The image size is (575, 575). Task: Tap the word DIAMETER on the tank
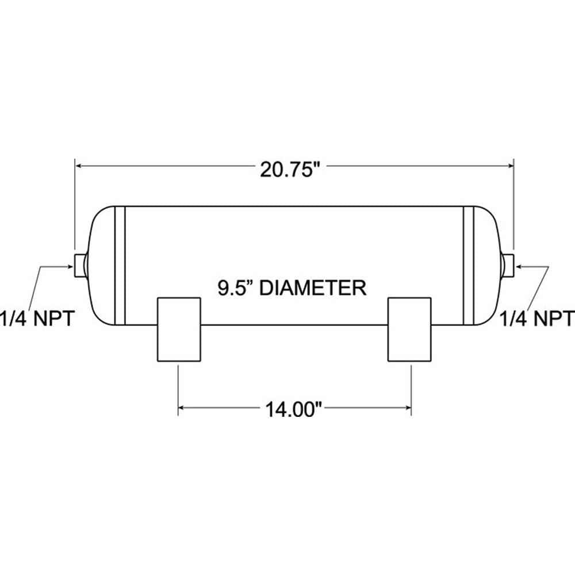313,287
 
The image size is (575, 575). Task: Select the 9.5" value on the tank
236,287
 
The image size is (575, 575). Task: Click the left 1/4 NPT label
36,318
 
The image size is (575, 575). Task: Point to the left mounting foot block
179,329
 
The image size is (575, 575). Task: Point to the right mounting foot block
409,329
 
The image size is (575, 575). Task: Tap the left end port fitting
79,263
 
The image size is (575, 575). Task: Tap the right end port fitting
508,263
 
